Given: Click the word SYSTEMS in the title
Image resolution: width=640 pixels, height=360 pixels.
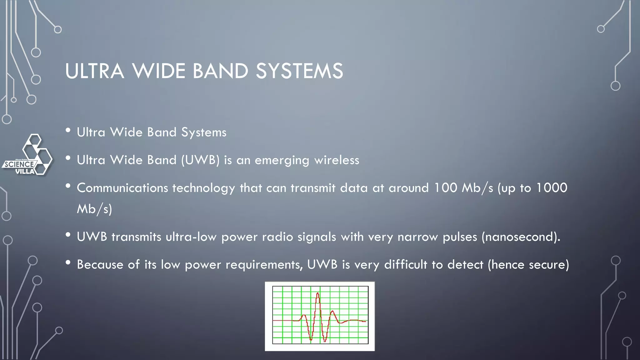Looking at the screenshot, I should [x=299, y=71].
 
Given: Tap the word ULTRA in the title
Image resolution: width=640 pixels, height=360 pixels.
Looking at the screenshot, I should [x=95, y=71].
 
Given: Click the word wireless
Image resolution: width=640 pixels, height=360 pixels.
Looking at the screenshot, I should [x=337, y=160].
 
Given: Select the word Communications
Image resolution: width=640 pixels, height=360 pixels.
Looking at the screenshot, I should [x=122, y=188].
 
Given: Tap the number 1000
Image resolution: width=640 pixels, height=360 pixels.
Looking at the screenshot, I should [x=552, y=187].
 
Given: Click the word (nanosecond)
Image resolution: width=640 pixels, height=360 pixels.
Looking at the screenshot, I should [x=521, y=237].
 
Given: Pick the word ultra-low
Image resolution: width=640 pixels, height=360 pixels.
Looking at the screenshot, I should [x=191, y=237].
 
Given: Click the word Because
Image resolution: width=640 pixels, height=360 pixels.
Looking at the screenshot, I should [x=100, y=265].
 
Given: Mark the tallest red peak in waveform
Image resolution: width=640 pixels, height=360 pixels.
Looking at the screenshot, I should [x=318, y=294].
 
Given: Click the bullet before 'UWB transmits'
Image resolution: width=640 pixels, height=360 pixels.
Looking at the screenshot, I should [x=68, y=235].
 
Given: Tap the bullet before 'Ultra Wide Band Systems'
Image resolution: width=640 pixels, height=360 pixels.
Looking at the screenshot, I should [x=68, y=131].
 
